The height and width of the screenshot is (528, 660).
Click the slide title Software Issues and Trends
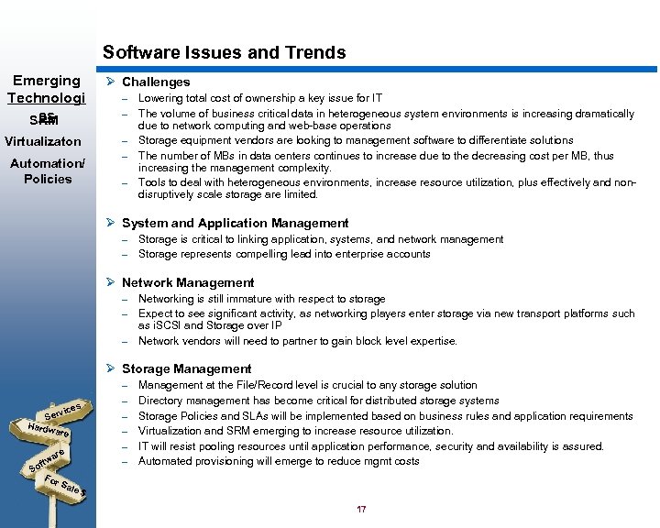coord(225,52)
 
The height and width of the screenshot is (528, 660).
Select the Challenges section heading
coord(156,82)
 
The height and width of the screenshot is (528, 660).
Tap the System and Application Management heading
coord(235,223)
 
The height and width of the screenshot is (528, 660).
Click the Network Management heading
coord(188,282)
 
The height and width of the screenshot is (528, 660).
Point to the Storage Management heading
coord(186,368)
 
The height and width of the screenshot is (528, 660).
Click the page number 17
coord(361,510)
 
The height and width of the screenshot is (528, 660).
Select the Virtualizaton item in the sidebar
coord(42,142)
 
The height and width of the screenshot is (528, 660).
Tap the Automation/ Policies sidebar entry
coord(47,171)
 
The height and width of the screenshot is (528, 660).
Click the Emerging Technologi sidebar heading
coord(47,89)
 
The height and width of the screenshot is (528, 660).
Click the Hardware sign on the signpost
coord(49,429)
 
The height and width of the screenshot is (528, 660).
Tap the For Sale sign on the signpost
coord(64,486)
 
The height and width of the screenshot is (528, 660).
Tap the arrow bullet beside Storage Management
coord(109,368)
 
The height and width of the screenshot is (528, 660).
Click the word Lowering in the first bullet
coord(161,98)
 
